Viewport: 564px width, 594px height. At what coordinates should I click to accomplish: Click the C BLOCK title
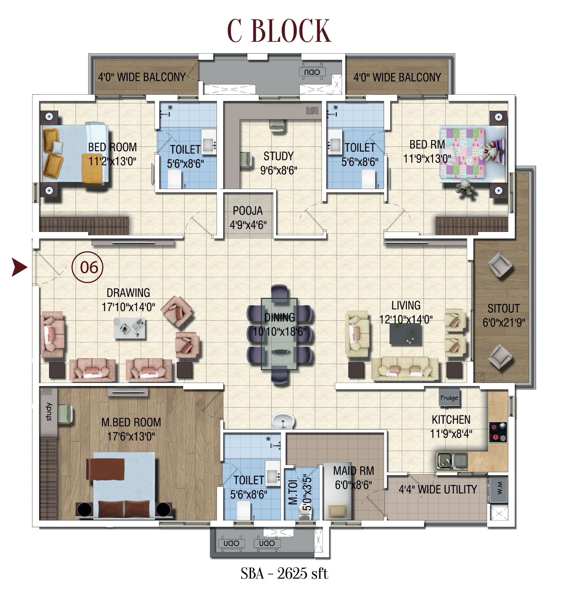pyautogui.click(x=279, y=31)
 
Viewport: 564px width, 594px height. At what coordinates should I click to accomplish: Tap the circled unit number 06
pyautogui.click(x=87, y=267)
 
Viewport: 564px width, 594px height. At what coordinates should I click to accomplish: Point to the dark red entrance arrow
pyautogui.click(x=19, y=267)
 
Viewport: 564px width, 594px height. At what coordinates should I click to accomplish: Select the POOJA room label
pyautogui.click(x=248, y=211)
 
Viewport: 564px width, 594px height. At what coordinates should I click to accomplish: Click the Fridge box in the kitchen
pyautogui.click(x=449, y=398)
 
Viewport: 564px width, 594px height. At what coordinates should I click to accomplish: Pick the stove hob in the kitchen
pyautogui.click(x=498, y=432)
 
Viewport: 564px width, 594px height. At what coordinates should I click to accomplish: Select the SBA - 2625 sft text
pyautogui.click(x=284, y=573)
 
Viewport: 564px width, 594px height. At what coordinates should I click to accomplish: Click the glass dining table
pyautogui.click(x=279, y=334)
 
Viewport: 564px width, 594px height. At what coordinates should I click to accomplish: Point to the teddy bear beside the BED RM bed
pyautogui.click(x=465, y=187)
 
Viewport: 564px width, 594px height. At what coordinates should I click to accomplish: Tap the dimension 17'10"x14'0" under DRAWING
pyautogui.click(x=128, y=307)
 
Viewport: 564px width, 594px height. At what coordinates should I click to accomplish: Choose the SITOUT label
pyautogui.click(x=504, y=308)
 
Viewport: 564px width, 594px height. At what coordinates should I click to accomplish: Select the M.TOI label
pyautogui.click(x=293, y=492)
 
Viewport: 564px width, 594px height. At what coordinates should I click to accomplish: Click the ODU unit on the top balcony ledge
pyautogui.click(x=312, y=72)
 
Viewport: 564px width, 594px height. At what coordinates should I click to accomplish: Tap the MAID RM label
pyautogui.click(x=354, y=471)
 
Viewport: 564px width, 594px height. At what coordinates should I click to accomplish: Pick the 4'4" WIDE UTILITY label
pyautogui.click(x=438, y=489)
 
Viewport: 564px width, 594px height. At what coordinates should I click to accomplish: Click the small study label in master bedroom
pyautogui.click(x=49, y=412)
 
